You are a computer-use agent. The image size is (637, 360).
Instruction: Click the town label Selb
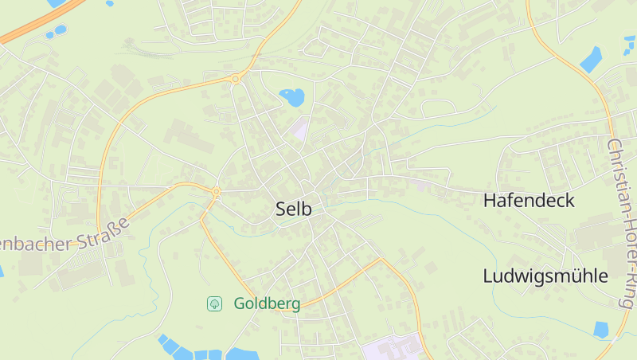pyautogui.click(x=293, y=209)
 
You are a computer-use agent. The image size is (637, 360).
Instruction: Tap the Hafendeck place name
pyautogui.click(x=529, y=201)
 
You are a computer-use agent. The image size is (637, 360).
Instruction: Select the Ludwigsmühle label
pyautogui.click(x=545, y=276)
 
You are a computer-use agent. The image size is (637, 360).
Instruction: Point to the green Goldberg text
pyautogui.click(x=267, y=303)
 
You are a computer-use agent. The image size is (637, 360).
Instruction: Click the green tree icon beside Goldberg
pyautogui.click(x=214, y=303)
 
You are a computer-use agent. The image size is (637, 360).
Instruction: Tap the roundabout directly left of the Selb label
pyautogui.click(x=216, y=191)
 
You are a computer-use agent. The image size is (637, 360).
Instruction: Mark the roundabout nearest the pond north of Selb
pyautogui.click(x=236, y=78)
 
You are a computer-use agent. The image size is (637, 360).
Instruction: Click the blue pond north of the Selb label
pyautogui.click(x=292, y=98)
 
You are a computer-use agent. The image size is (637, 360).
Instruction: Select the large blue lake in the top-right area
pyautogui.click(x=591, y=59)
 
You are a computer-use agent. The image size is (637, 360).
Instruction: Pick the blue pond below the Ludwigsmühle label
pyautogui.click(x=602, y=329)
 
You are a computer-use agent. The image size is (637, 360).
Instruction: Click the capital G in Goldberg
pyautogui.click(x=240, y=303)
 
